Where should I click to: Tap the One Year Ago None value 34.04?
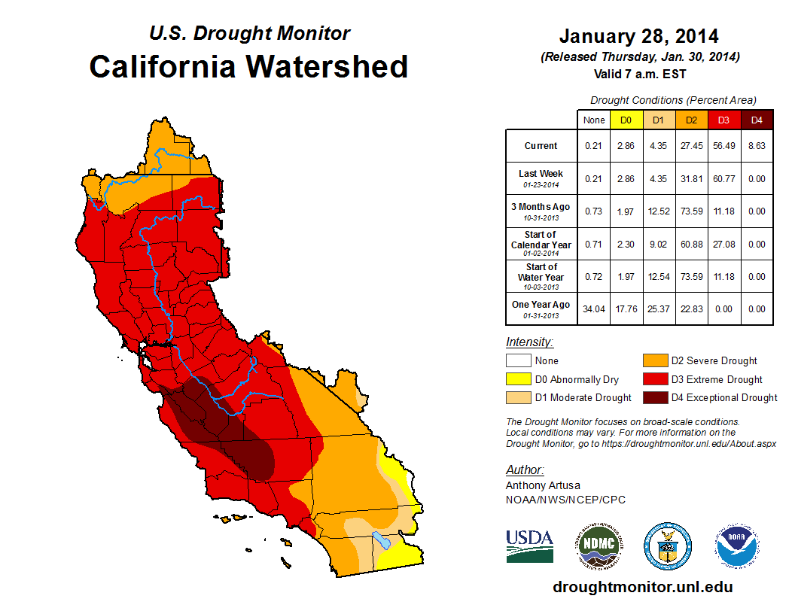tap(594, 309)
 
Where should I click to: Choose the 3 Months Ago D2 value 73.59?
tap(690, 211)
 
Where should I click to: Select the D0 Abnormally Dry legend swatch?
tap(519, 379)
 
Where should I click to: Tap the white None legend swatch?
tap(519, 361)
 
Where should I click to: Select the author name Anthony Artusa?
tap(541, 485)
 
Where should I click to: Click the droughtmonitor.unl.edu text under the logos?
tap(642, 587)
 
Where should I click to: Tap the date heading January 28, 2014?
tap(638, 36)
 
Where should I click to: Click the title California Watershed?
tap(248, 66)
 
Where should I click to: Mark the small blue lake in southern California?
tap(381, 540)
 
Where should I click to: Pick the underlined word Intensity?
tap(529, 342)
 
